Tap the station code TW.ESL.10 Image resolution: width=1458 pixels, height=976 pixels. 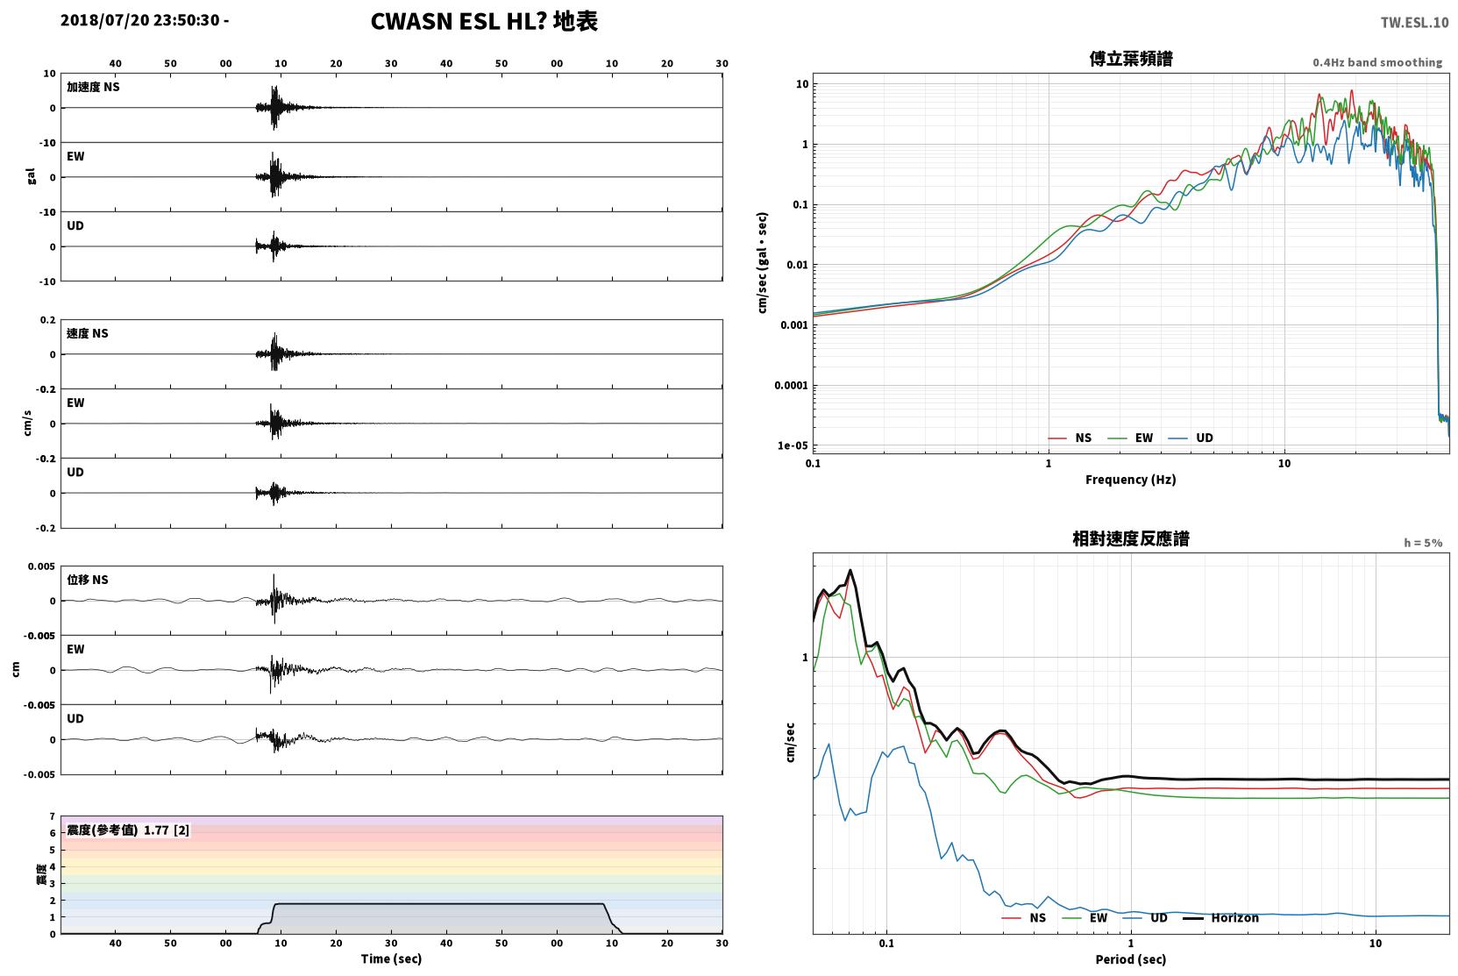tap(1414, 23)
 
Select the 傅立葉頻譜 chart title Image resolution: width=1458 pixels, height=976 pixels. tap(1131, 59)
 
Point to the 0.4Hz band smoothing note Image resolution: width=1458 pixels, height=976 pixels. tap(1377, 62)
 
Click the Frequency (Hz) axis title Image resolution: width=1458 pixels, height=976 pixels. tap(1131, 480)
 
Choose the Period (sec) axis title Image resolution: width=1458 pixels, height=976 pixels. tap(1131, 959)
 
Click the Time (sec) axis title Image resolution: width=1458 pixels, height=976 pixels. tap(391, 958)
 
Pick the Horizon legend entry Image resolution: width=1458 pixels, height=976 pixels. tap(1220, 917)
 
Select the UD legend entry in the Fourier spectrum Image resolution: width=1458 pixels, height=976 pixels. tap(1191, 438)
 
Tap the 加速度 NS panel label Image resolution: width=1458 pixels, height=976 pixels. tap(93, 87)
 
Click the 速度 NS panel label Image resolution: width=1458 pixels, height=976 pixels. tap(87, 333)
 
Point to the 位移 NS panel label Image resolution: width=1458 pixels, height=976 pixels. tap(87, 580)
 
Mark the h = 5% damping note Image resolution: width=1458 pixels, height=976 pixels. tap(1423, 543)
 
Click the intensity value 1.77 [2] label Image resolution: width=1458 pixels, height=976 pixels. tap(167, 830)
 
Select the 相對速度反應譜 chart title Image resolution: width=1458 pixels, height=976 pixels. tap(1131, 538)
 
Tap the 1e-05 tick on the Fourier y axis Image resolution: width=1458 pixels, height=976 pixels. tap(793, 446)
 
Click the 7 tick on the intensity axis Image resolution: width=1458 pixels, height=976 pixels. tap(53, 816)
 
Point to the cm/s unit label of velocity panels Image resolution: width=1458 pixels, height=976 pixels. tap(27, 424)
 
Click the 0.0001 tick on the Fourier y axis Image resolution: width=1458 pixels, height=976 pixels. tap(791, 386)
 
